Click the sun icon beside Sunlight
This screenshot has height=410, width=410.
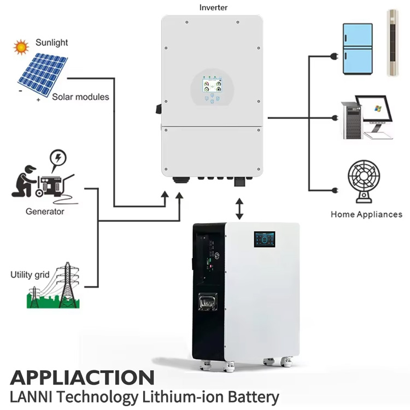coord(21,47)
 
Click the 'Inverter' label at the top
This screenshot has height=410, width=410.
coord(213,8)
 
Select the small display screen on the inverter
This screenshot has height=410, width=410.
coord(212,86)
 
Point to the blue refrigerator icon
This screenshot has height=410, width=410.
coord(358,49)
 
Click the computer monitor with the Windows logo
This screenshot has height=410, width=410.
coord(374,109)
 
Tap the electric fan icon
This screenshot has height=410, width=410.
coord(364,181)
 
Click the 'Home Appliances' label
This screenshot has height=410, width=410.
coord(366,214)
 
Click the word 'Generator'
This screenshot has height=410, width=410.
coord(45,211)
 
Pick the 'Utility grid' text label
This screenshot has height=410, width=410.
coord(30,274)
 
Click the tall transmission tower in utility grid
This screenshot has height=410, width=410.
coord(68,285)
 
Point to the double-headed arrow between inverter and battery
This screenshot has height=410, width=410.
coord(239,209)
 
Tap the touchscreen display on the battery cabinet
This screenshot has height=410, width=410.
coord(265,239)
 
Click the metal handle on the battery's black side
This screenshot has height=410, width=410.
coord(208,301)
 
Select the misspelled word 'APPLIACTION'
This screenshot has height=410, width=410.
coord(82,378)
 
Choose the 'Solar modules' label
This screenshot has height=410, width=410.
coord(80,97)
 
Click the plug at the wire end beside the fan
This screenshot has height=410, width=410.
coord(335,190)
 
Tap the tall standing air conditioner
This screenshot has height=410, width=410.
coord(393,43)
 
